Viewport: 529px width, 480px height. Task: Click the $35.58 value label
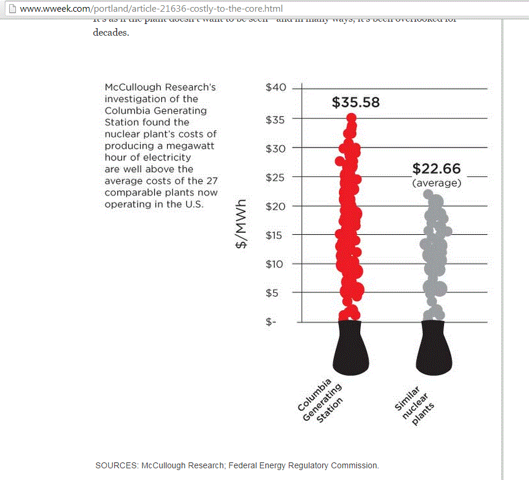coord(356,103)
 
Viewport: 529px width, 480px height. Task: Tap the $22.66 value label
coord(436,169)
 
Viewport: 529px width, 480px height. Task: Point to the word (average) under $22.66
coord(436,183)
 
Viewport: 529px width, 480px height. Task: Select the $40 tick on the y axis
coord(276,88)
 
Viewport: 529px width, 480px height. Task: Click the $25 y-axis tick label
coord(276,177)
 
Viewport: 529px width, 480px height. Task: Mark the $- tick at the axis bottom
coord(271,321)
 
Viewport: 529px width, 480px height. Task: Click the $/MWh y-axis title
coord(241,224)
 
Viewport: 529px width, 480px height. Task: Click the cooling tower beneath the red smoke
coord(351,348)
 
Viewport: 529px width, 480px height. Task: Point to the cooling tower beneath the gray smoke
coord(434,348)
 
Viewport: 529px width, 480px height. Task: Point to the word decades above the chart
coord(110,32)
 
